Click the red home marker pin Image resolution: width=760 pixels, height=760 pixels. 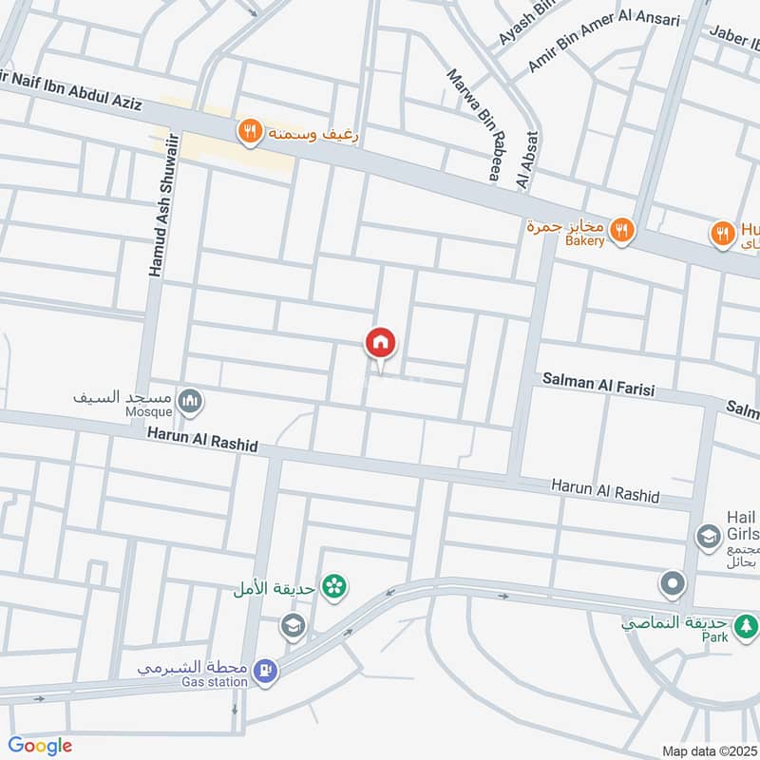point(381,343)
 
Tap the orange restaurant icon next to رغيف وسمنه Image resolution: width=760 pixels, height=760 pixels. point(249,132)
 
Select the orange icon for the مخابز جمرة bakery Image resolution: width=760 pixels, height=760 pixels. point(621,228)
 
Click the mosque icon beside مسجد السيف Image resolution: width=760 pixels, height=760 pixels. point(190,401)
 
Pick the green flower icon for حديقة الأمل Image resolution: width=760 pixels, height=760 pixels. point(333,587)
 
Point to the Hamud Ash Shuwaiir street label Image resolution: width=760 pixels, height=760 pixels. point(156,218)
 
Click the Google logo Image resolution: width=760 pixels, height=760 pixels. point(40,746)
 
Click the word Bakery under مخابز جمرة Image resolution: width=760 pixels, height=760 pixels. point(584,241)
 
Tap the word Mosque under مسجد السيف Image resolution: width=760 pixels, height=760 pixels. point(149,412)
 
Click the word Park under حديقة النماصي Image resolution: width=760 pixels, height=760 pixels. point(714,637)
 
